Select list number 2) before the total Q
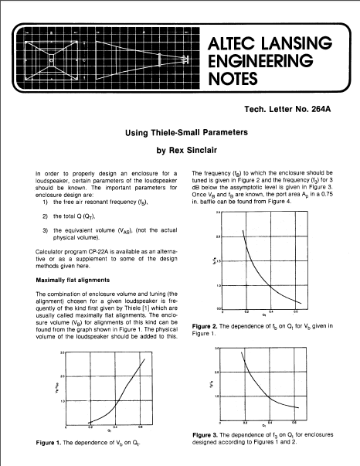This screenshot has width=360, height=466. click(46, 217)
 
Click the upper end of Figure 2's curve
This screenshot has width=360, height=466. click(245, 230)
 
